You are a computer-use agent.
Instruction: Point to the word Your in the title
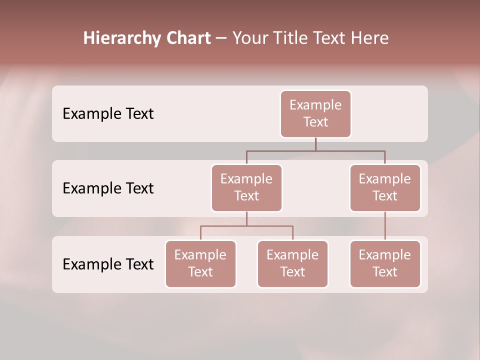point(249,38)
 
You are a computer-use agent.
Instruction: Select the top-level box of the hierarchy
point(315,113)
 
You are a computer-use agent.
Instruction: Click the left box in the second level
point(246,187)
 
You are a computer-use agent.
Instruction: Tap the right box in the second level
point(385,187)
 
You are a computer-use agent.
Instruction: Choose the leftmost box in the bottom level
point(200,263)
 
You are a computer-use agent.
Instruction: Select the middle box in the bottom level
point(292,263)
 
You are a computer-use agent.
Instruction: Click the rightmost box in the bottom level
point(385,263)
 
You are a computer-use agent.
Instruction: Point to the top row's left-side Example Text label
point(108,114)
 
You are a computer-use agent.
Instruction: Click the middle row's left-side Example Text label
point(108,188)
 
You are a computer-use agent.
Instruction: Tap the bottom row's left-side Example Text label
point(108,264)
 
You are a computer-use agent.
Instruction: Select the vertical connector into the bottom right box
point(385,226)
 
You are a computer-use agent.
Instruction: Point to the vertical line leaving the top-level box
point(315,144)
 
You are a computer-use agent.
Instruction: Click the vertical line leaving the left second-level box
point(246,218)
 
